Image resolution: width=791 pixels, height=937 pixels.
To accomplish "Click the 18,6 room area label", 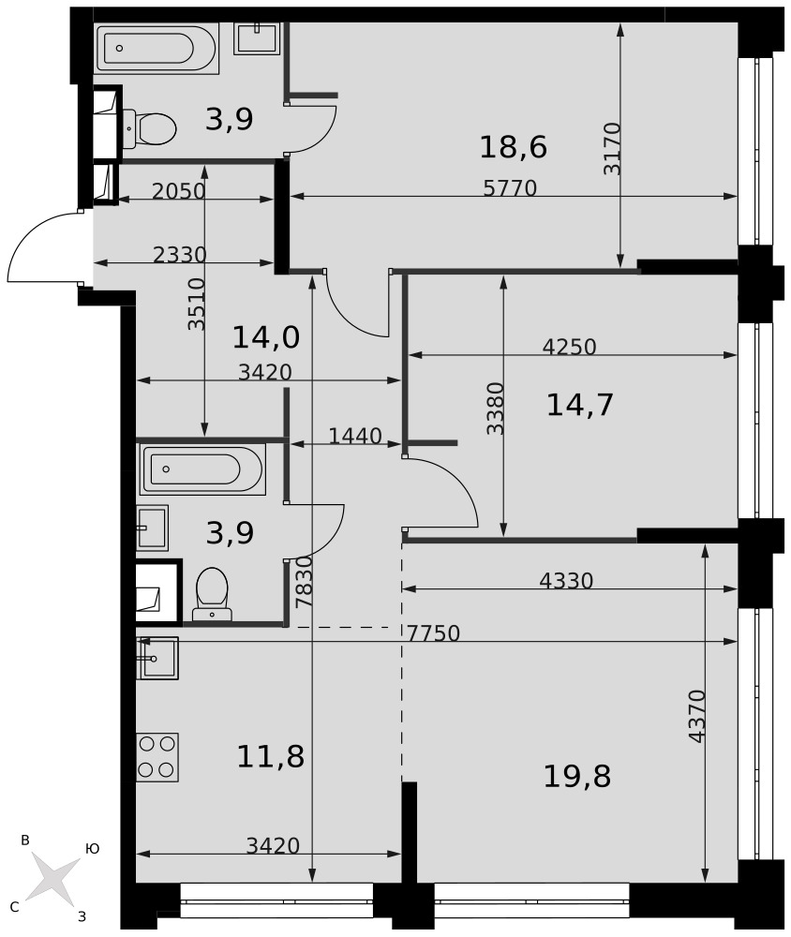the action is pyautogui.click(x=513, y=147).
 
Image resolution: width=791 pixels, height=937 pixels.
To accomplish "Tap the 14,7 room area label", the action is pyautogui.click(x=579, y=405).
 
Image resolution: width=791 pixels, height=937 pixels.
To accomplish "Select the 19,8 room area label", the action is pyautogui.click(x=577, y=777).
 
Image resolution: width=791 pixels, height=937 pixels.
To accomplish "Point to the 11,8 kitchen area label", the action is pyautogui.click(x=270, y=756).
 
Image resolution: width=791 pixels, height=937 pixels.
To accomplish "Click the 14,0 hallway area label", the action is pyautogui.click(x=265, y=337).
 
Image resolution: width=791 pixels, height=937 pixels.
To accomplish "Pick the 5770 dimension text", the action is pyautogui.click(x=510, y=188).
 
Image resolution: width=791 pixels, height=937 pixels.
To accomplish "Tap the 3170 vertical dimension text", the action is pyautogui.click(x=612, y=149).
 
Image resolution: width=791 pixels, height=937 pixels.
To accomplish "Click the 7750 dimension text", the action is pyautogui.click(x=434, y=633).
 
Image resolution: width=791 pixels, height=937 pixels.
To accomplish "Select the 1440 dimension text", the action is pyautogui.click(x=355, y=437).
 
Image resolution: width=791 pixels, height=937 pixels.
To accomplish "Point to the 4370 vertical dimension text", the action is pyautogui.click(x=697, y=717).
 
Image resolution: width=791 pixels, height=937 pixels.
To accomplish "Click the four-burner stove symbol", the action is pyautogui.click(x=157, y=757).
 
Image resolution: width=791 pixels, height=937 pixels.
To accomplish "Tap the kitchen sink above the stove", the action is pyautogui.click(x=157, y=658).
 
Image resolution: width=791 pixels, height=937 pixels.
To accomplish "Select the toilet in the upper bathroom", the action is pyautogui.click(x=149, y=127).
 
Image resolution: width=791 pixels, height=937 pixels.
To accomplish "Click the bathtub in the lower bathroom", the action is pyautogui.click(x=202, y=469).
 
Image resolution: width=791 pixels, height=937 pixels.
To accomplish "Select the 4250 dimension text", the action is pyautogui.click(x=569, y=347).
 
